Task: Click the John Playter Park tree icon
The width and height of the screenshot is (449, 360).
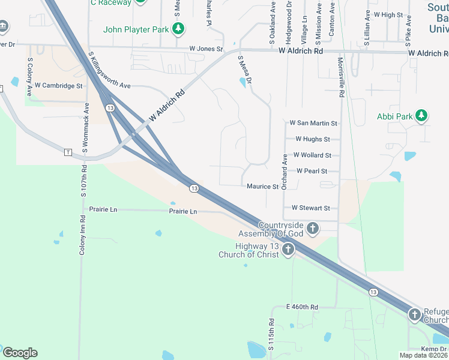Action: tap(178, 28)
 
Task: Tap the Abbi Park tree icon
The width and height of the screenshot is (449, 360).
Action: tap(422, 116)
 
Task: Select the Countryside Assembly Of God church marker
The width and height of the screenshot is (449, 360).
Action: tap(312, 228)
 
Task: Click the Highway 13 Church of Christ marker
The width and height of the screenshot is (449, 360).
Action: tap(288, 250)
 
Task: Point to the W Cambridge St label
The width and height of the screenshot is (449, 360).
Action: tap(58, 86)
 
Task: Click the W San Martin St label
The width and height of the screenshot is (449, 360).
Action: tap(313, 123)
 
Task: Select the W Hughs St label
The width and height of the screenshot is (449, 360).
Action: tap(312, 139)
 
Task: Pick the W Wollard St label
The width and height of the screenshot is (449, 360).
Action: tap(312, 155)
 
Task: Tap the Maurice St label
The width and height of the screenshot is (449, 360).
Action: tap(262, 187)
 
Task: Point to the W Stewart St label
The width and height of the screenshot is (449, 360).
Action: tap(310, 208)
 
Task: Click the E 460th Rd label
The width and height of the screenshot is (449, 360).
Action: tap(302, 307)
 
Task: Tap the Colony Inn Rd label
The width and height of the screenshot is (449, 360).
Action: tap(82, 234)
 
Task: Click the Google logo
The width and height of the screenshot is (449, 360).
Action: tap(20, 352)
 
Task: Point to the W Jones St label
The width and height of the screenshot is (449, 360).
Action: tap(206, 49)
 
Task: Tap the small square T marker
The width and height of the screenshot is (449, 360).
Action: tap(67, 152)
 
